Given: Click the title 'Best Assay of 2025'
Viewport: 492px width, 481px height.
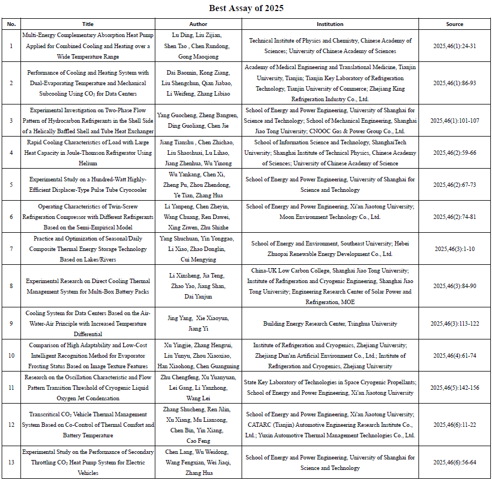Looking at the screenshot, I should point(246,8).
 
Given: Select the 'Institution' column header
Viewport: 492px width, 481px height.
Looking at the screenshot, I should point(330,24).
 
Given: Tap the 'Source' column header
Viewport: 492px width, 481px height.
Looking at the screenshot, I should point(454,24).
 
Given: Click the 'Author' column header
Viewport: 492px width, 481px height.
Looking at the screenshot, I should point(198,24).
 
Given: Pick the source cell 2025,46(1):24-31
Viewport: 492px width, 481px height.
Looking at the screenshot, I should point(454,46).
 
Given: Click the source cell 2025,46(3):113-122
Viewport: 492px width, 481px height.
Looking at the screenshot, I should point(454,323).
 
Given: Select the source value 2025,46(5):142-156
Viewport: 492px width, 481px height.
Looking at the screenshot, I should point(454,388).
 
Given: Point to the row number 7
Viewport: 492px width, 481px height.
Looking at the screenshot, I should point(11,249).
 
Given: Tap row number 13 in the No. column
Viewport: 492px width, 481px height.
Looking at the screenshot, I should point(11,462).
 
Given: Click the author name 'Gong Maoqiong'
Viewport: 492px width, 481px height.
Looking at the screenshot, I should point(198,56).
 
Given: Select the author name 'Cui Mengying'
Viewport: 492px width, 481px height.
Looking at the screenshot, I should point(198,259).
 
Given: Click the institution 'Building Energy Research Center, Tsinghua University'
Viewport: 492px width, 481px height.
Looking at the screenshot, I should point(330,323).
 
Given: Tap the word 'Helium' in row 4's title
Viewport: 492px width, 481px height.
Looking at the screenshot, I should point(88,164).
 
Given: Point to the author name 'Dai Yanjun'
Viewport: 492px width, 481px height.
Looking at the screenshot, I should point(198,296).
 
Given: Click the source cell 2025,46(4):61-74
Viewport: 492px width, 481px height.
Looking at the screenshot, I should point(454,355).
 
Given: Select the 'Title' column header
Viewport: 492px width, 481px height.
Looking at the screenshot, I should point(88,24).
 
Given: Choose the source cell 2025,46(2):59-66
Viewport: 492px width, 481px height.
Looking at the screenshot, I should point(454,153).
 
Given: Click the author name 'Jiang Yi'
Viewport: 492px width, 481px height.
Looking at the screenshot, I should point(198,328).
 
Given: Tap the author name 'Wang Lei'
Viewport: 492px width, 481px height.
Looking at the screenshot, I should point(198,398).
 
